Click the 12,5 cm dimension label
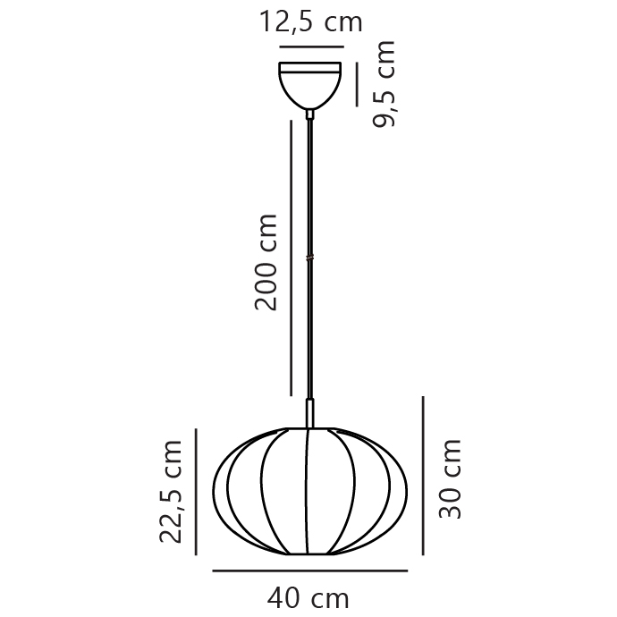pos(311,21)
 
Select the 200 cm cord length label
pos(266,261)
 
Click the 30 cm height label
pos(451,478)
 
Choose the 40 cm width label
pos(308,596)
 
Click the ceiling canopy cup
pos(309,88)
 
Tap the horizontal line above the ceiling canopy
pos(311,46)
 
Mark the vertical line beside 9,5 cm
pos(356,85)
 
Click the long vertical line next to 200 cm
pos(292,257)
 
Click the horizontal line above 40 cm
pos(309,570)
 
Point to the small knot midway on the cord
pos(309,258)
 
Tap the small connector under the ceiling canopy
pos(309,114)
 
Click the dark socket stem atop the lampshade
pos(309,413)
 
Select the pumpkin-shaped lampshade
pos(268,492)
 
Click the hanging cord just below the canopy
pos(309,152)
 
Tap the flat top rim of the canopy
pos(309,66)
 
